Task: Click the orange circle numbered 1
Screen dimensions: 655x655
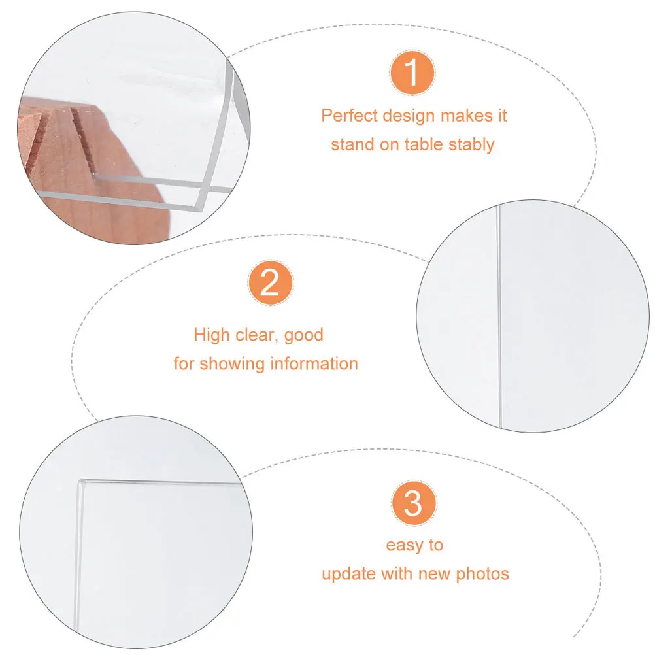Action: [x=412, y=74]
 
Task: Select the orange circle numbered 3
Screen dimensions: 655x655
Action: [x=414, y=504]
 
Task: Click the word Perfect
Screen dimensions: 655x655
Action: [x=350, y=116]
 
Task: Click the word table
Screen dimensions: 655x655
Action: [x=422, y=144]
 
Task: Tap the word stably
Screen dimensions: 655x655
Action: [x=471, y=144]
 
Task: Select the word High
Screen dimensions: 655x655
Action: [x=212, y=335]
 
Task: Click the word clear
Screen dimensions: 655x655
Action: [x=254, y=335]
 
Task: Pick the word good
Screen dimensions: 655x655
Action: [x=305, y=335]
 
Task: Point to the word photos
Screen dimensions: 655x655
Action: [x=482, y=574]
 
